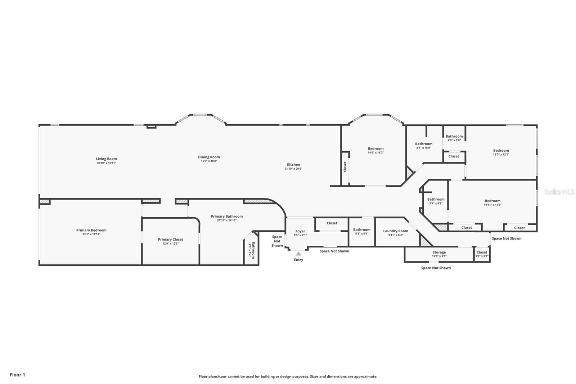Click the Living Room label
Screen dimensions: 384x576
[106, 159]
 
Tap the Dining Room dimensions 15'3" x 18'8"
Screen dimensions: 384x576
[209, 161]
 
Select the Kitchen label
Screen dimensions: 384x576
[293, 165]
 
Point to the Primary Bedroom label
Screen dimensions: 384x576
[91, 230]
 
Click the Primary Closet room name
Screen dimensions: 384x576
[170, 239]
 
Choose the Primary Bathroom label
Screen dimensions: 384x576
[227, 216]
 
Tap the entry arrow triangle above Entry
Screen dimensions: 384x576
[298, 254]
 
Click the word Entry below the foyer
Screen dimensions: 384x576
[298, 260]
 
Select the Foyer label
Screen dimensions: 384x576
[300, 231]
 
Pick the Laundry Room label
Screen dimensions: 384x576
[396, 231]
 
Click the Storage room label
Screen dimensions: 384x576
[439, 252]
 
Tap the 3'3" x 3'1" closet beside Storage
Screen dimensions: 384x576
[482, 254]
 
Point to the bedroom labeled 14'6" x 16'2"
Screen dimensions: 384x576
[375, 150]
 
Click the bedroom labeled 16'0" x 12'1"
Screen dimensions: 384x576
[501, 152]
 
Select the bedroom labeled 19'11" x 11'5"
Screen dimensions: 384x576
[492, 202]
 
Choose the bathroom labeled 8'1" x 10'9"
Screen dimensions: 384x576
[424, 145]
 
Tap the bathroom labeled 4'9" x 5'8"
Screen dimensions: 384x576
[454, 138]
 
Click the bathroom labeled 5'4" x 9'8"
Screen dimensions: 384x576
[436, 201]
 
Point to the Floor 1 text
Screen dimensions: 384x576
[17, 375]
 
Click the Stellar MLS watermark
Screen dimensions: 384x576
[559, 192]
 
